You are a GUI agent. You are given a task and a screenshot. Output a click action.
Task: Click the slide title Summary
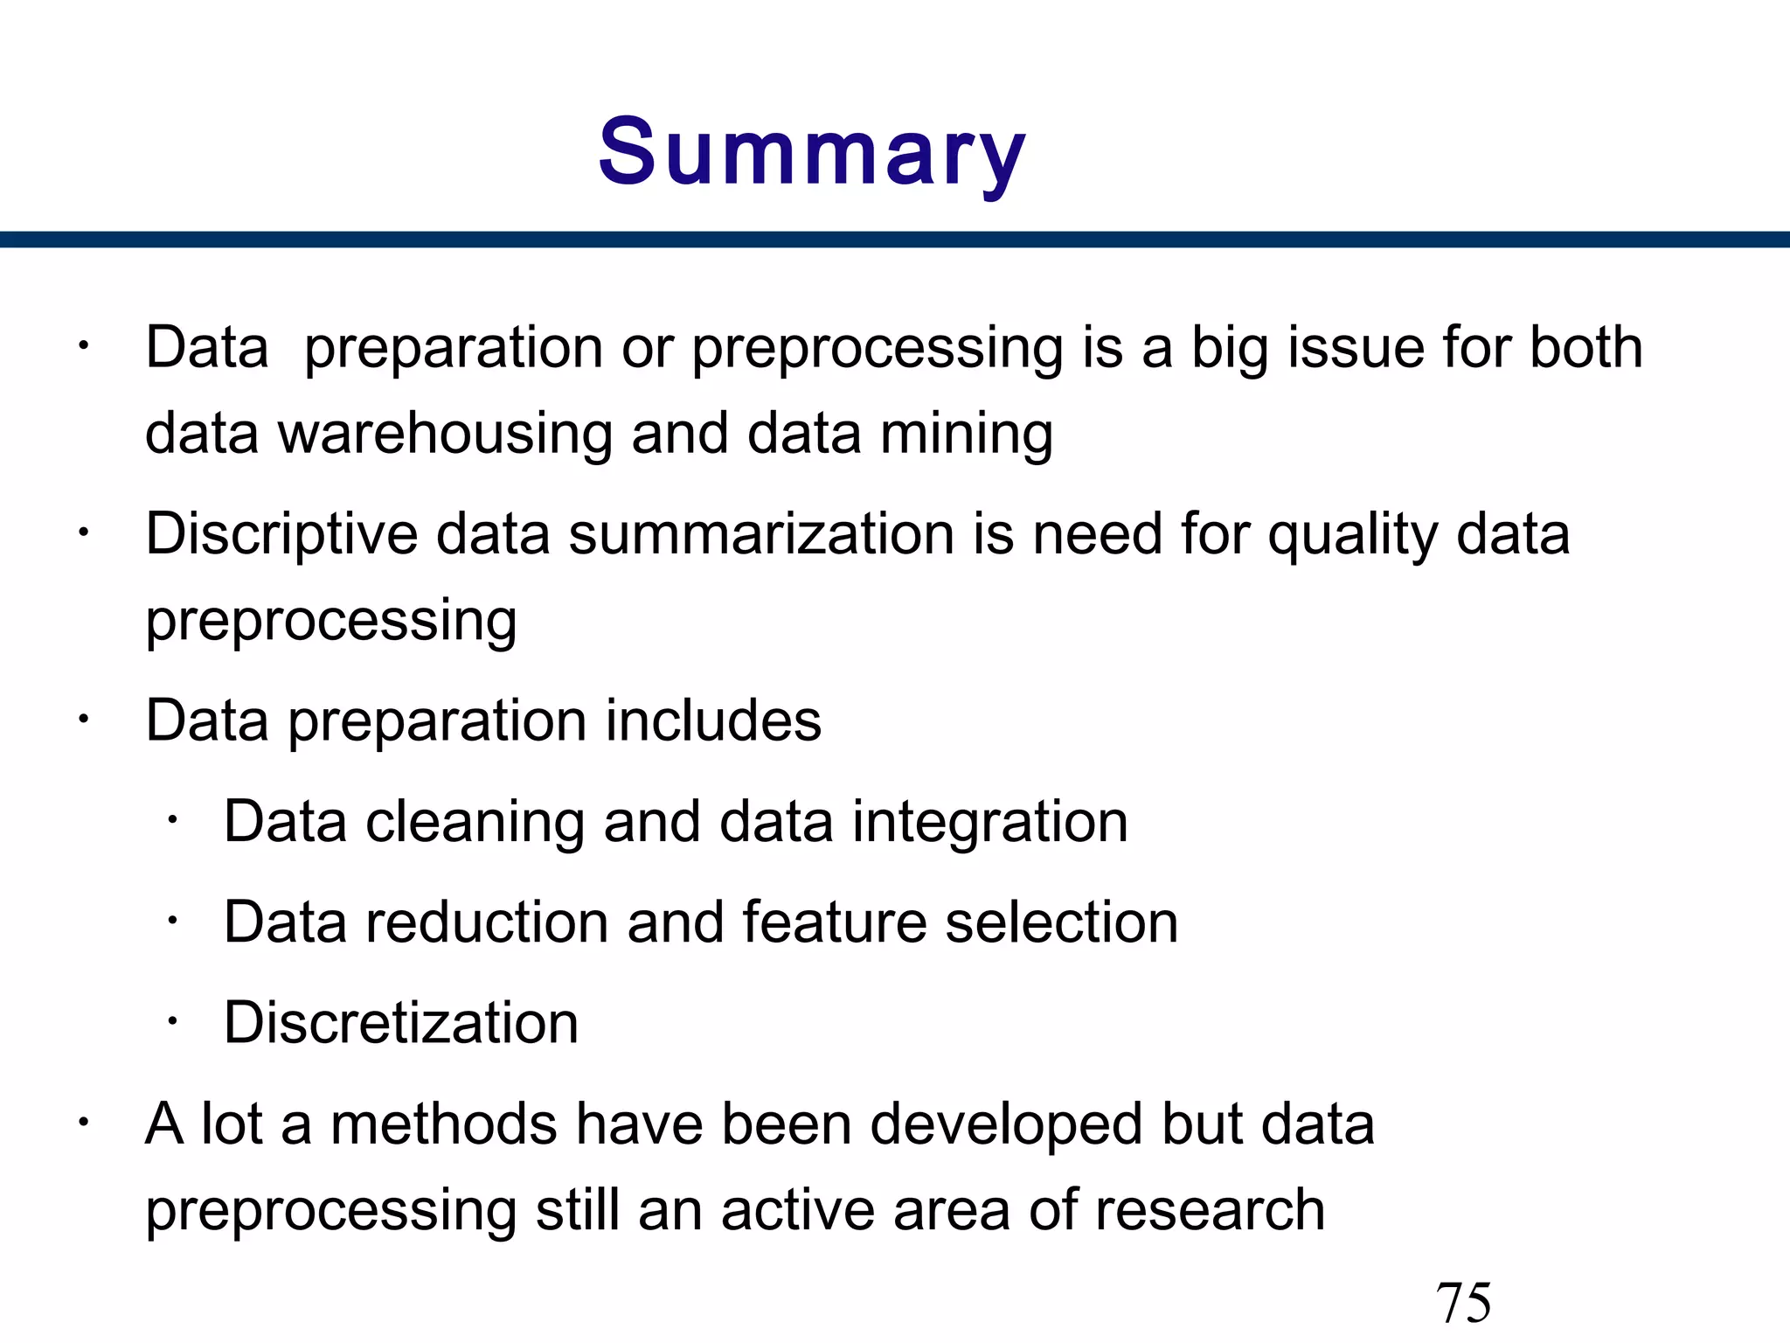(811, 153)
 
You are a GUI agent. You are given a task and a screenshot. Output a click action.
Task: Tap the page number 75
(1463, 1302)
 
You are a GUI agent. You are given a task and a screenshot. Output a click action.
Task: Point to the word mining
(966, 434)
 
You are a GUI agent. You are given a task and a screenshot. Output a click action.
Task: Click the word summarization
(760, 534)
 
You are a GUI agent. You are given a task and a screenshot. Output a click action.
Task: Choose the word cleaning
(475, 822)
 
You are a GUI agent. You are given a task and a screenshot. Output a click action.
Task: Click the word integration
(989, 822)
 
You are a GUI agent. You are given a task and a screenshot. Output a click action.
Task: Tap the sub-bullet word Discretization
(401, 1023)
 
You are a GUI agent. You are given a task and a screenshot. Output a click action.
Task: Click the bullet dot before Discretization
(173, 1020)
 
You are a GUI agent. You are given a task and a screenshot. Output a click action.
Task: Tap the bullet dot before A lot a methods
(83, 1122)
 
